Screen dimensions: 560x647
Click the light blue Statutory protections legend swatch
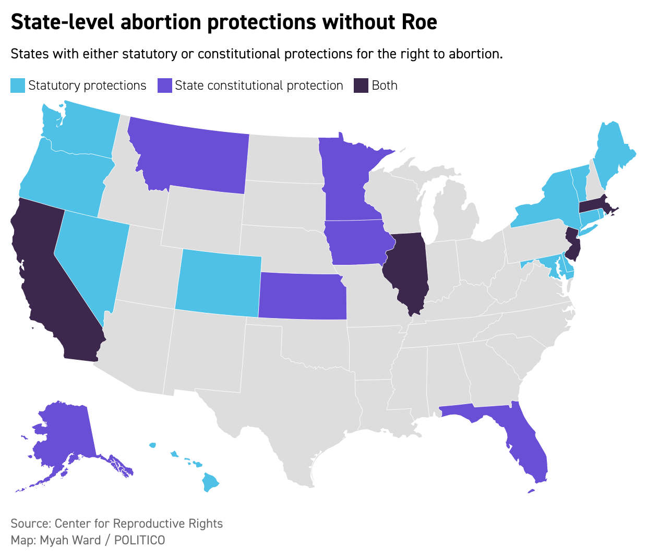(x=18, y=86)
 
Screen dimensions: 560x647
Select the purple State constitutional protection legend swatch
(x=164, y=86)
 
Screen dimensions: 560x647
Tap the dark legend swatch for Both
(x=361, y=86)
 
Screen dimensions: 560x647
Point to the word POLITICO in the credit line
(x=139, y=540)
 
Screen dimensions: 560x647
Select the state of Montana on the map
(x=193, y=156)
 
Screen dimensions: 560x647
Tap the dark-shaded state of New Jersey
(x=573, y=245)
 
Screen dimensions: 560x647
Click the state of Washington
(x=86, y=128)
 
